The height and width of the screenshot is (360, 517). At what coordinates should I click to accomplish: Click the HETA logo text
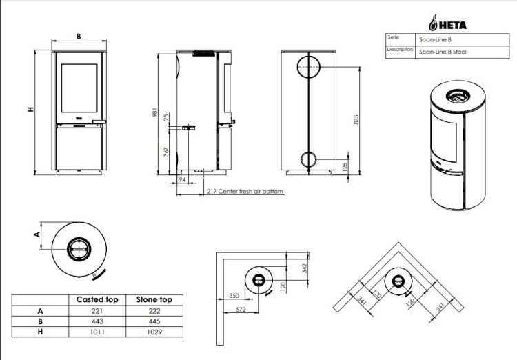(x=453, y=26)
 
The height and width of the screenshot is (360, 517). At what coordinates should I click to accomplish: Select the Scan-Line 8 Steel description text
(x=443, y=52)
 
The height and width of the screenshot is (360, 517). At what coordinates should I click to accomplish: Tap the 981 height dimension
(x=154, y=112)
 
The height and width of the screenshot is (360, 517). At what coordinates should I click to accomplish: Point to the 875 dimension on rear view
(x=356, y=119)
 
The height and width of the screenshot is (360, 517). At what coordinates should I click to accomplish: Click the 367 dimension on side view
(x=166, y=152)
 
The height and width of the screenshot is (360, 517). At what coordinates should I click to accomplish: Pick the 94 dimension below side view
(x=182, y=179)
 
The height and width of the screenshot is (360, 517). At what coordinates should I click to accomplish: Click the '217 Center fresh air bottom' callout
(x=245, y=192)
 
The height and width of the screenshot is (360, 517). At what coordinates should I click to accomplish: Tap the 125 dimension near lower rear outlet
(x=345, y=168)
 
